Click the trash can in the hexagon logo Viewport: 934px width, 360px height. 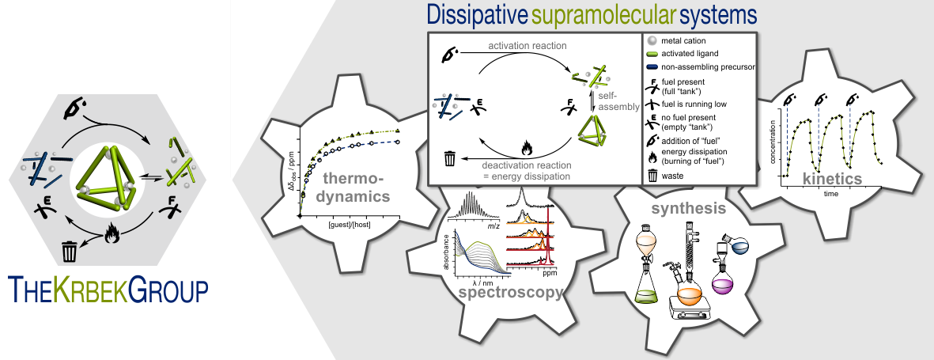tap(70, 252)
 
